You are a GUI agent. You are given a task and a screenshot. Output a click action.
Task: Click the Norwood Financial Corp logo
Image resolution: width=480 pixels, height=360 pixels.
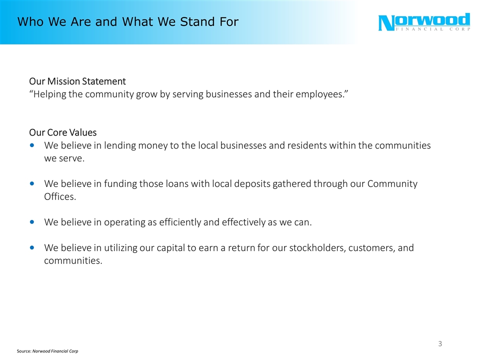click(424, 22)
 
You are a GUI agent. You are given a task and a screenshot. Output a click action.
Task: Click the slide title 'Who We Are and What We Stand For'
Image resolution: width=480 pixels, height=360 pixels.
click(127, 22)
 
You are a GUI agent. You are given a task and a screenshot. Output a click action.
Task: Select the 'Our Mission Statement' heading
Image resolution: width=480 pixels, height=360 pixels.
click(77, 81)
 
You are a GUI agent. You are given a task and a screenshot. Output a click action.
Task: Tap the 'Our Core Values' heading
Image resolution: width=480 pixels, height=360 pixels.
click(63, 132)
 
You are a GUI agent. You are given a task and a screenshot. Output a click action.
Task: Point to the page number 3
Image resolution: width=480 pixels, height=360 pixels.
click(440, 343)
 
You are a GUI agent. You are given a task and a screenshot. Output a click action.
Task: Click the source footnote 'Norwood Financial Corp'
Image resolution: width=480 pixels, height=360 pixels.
click(55, 351)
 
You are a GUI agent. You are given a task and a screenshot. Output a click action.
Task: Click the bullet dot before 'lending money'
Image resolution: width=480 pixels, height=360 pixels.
click(32, 145)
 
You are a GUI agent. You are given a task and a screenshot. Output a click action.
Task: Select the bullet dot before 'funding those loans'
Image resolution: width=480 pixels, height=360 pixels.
click(32, 184)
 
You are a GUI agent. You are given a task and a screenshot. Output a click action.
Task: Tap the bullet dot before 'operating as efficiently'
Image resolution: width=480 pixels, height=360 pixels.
click(32, 222)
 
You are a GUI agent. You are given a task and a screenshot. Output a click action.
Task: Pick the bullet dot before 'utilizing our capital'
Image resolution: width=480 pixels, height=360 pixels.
click(32, 248)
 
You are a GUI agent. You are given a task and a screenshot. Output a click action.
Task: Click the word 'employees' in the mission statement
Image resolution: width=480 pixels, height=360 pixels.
click(318, 94)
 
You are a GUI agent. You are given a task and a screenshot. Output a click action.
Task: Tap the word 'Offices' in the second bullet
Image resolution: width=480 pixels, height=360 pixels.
click(59, 197)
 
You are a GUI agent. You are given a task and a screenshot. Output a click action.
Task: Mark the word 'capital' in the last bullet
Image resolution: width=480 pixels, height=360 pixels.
click(180, 248)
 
